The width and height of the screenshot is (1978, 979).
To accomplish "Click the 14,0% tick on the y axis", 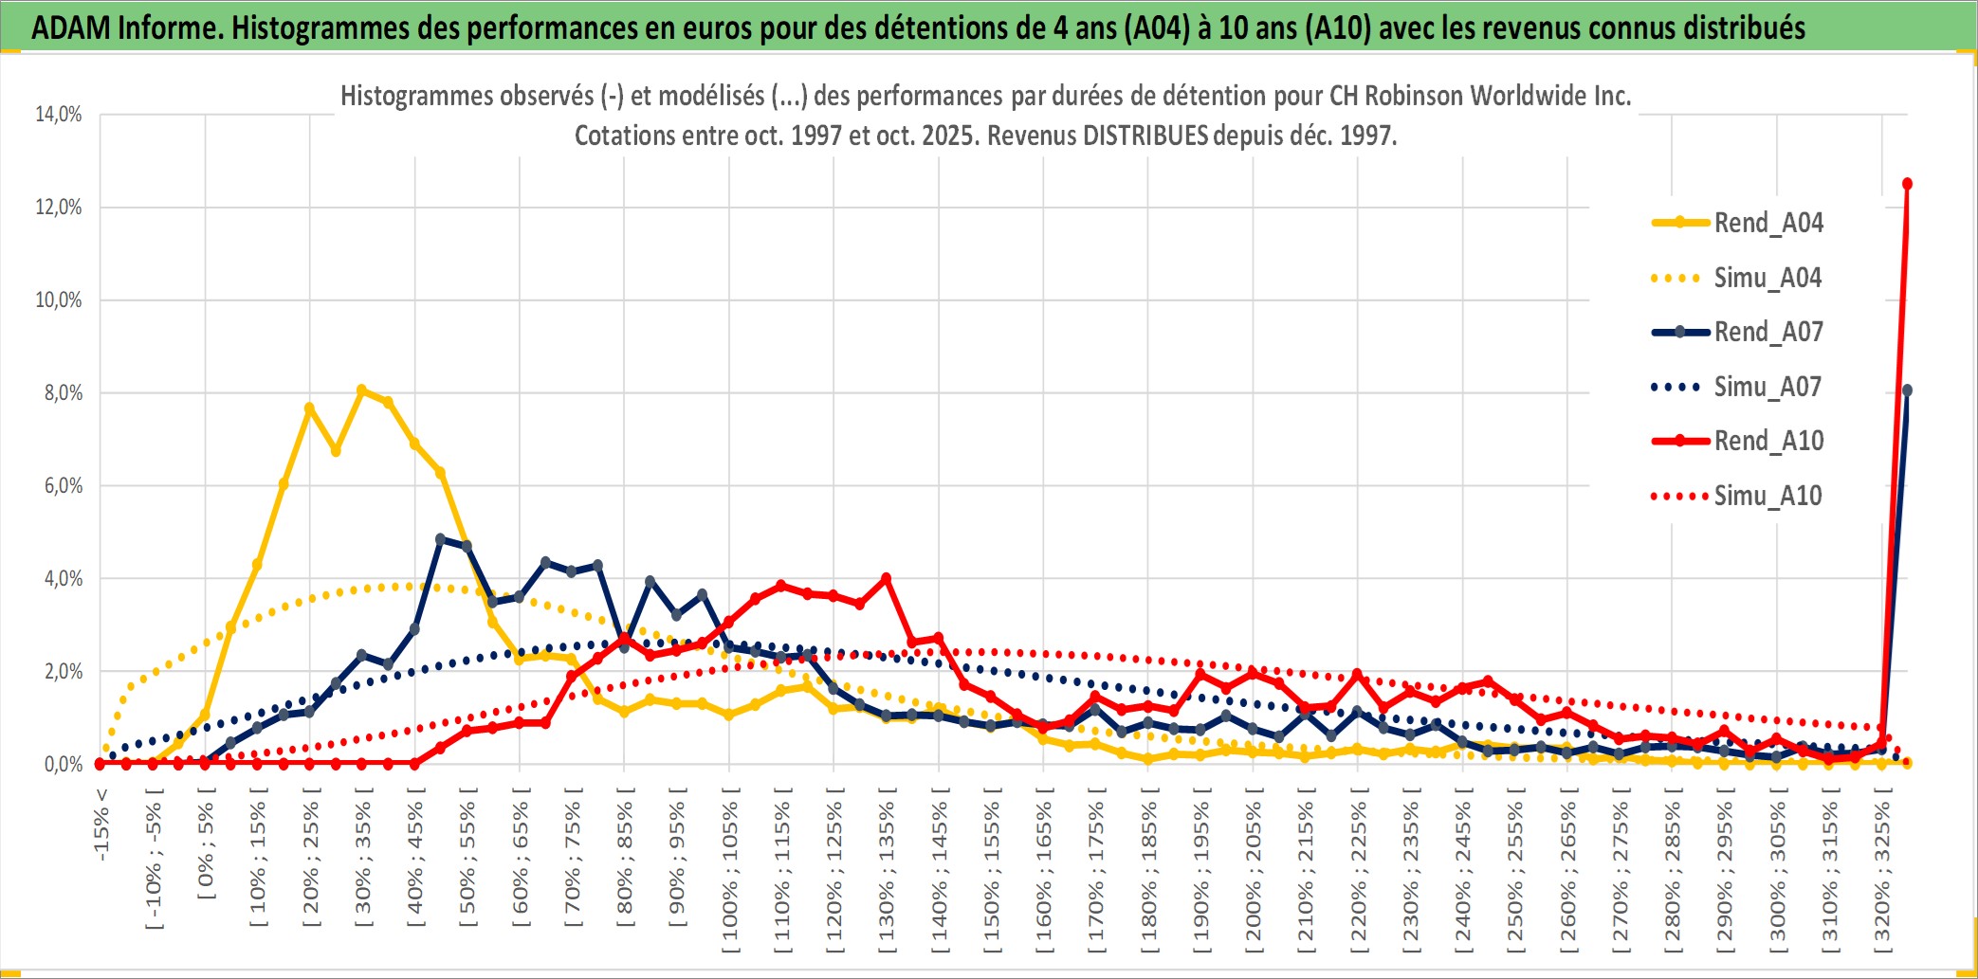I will tap(59, 115).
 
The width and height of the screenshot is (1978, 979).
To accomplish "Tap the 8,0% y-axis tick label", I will tap(63, 393).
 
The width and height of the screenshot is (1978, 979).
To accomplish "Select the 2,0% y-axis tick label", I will tap(63, 672).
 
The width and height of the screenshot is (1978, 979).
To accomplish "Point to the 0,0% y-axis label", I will tap(63, 765).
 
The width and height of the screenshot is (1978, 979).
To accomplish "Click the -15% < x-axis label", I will tap(101, 825).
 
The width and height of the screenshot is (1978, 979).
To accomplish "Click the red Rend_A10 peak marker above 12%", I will tap(1907, 184).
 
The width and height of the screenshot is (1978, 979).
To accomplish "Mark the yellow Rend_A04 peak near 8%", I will tap(361, 390).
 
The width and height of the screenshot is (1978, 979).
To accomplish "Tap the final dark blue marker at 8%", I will tap(1907, 390).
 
